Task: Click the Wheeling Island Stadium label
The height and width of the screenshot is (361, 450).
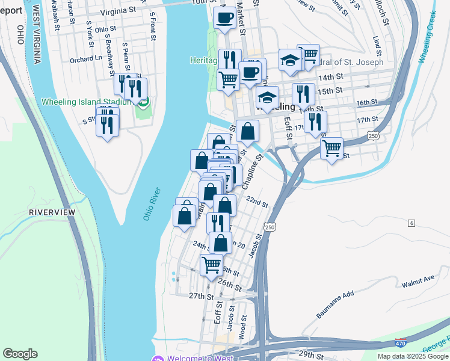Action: click(x=87, y=101)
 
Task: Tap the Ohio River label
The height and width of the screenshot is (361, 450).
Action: click(x=152, y=204)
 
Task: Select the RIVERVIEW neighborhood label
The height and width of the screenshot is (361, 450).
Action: click(x=52, y=212)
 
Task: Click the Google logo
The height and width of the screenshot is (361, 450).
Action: click(x=20, y=354)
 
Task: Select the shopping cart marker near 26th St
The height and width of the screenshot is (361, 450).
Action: click(x=211, y=265)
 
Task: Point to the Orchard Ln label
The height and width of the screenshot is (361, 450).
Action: click(x=85, y=59)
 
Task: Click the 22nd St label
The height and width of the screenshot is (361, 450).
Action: click(x=256, y=202)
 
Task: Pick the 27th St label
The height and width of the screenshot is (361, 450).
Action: click(x=201, y=296)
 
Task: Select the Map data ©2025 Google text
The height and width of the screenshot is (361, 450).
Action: click(x=412, y=356)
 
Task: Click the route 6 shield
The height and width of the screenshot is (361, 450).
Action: click(x=411, y=223)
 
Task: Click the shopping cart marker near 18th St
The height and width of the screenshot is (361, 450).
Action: click(x=332, y=148)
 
